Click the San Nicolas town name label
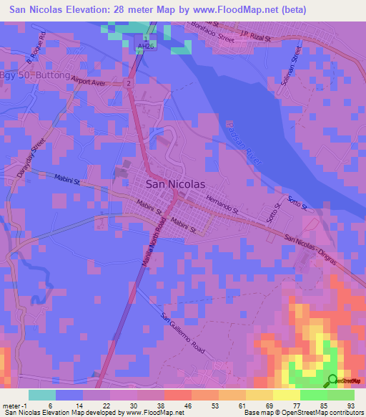(175, 183)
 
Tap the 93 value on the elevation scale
(350, 404)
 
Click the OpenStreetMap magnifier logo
(332, 380)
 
